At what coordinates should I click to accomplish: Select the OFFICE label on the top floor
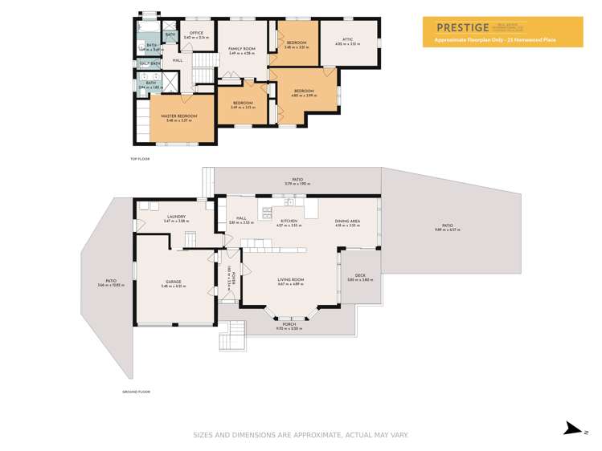[x=196, y=33]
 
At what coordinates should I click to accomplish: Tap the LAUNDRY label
[x=177, y=217]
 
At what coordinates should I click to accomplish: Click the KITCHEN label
[x=289, y=221]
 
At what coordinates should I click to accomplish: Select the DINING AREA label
[x=347, y=221]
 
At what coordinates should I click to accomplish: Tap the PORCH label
[x=289, y=325]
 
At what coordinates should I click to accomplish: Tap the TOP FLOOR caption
[x=140, y=159]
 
